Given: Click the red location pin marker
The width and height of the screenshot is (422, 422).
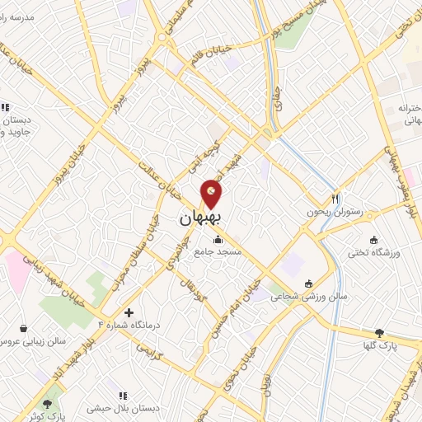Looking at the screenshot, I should pyautogui.click(x=212, y=195).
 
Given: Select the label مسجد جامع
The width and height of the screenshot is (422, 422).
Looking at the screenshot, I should pyautogui.click(x=218, y=253).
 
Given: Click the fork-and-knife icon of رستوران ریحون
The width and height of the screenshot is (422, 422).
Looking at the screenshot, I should pyautogui.click(x=335, y=198).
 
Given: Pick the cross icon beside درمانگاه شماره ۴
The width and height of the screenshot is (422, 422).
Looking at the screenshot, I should pyautogui.click(x=129, y=312).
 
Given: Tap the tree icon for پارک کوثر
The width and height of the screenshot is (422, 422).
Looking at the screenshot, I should pyautogui.click(x=47, y=404).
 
